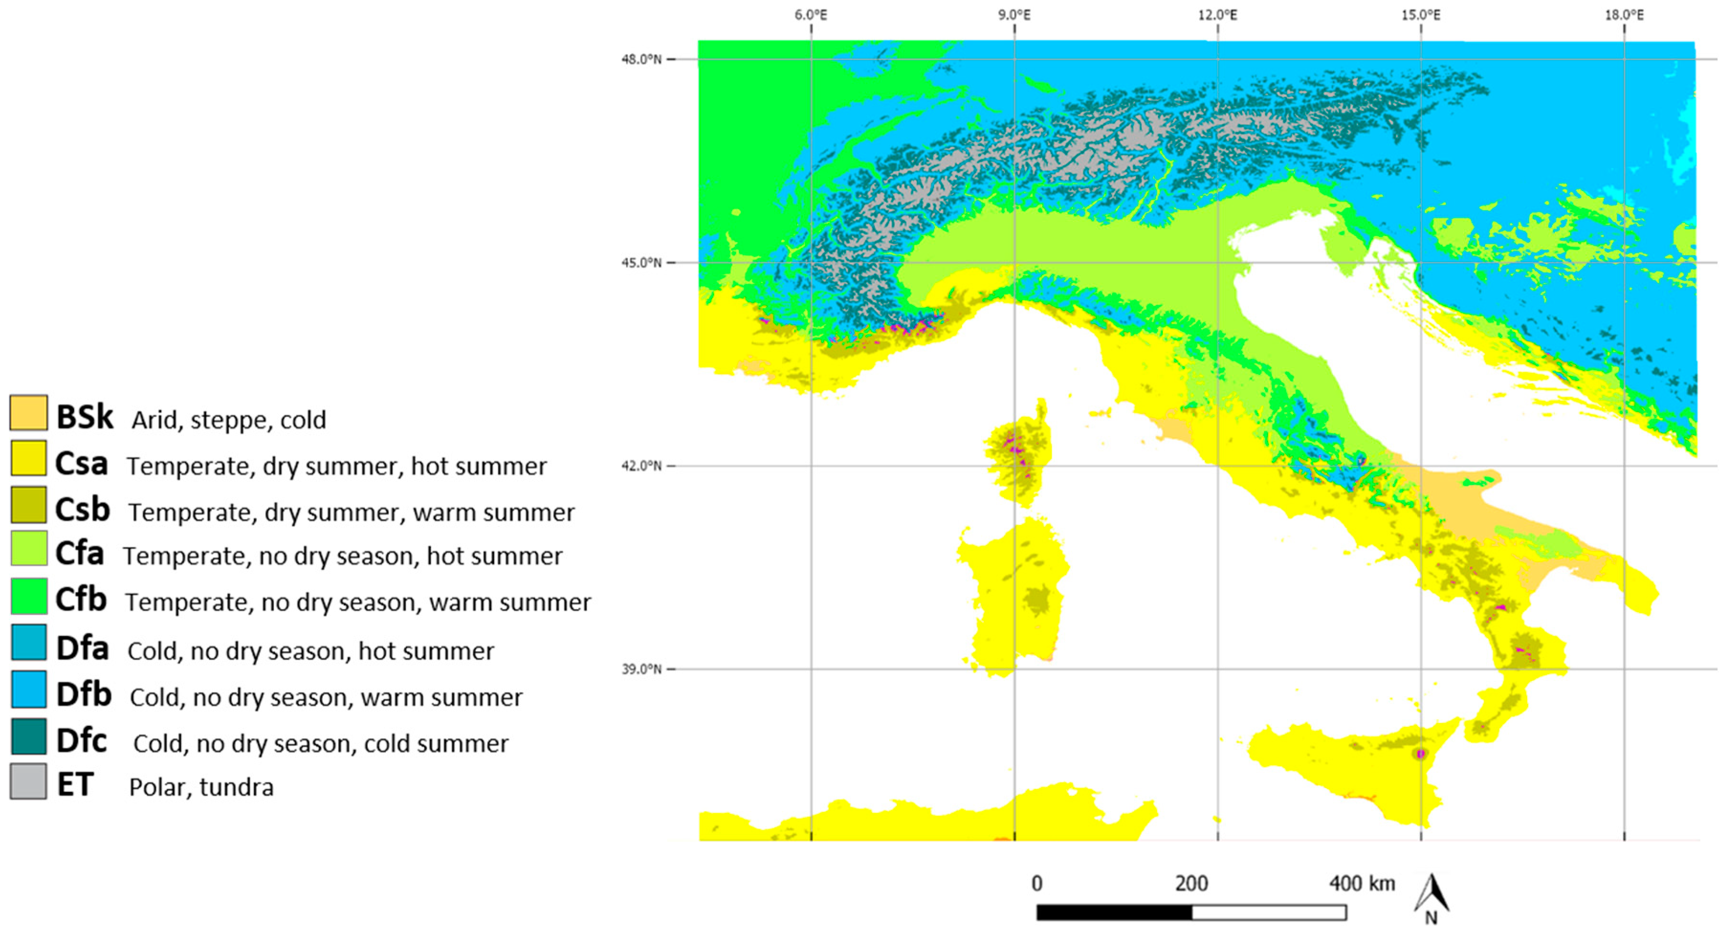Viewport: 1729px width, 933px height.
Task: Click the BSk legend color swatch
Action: pos(28,412)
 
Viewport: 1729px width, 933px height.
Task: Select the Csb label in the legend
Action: pos(82,509)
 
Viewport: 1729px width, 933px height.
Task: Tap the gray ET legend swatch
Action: pos(28,781)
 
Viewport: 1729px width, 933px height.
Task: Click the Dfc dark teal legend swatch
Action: pos(28,736)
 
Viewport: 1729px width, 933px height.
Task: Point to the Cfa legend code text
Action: pos(79,554)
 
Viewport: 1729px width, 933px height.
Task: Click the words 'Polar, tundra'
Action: pos(201,787)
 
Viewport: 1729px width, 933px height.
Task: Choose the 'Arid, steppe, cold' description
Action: pos(228,420)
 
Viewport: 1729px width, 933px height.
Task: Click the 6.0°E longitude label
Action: pos(810,15)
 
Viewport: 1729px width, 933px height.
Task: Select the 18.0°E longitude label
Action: pos(1624,15)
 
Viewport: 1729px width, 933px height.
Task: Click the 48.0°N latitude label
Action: pos(641,59)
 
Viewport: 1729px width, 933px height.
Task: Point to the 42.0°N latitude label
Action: pos(641,466)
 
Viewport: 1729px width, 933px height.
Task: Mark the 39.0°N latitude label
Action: pos(641,669)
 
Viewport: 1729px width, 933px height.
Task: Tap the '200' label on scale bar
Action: pos(1191,883)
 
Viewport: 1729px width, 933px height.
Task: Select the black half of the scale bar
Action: pos(1114,912)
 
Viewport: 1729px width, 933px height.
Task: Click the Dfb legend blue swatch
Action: pos(28,689)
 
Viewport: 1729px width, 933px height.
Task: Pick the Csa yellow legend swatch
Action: pos(28,458)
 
